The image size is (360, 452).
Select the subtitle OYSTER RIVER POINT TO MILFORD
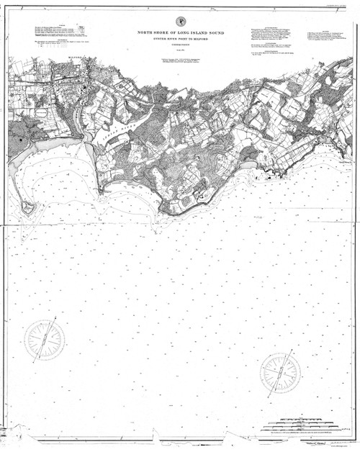180,40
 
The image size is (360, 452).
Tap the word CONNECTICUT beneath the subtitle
180,48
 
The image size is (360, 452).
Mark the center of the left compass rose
45,340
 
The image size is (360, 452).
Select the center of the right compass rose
281,372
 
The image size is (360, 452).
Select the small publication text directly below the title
180,60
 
